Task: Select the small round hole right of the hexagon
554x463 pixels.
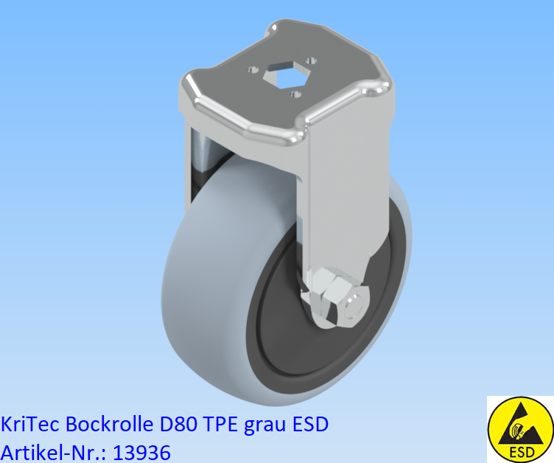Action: pyautogui.click(x=312, y=61)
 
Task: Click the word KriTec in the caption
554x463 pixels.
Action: pyautogui.click(x=29, y=425)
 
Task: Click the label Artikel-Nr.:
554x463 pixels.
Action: pyautogui.click(x=52, y=450)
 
